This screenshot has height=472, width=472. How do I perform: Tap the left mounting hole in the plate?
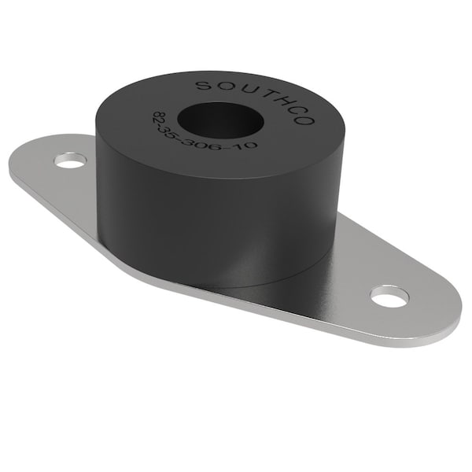(70, 161)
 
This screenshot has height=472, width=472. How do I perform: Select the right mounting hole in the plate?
(389, 296)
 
